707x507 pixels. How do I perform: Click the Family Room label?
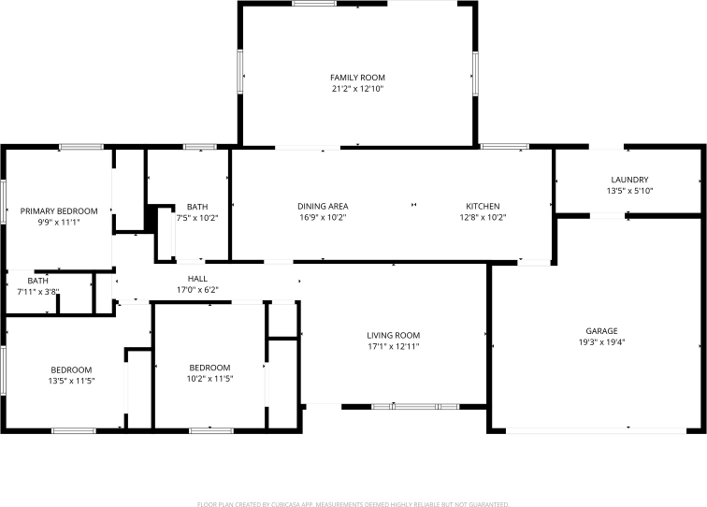coord(357,78)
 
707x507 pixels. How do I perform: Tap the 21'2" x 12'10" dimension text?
coord(357,89)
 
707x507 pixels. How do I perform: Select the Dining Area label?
coord(323,206)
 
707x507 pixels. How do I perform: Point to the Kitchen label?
coord(483,206)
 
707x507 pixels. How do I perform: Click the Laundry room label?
coord(629,180)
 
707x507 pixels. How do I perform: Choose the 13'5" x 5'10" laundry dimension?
coord(629,191)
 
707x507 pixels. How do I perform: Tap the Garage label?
coord(601,331)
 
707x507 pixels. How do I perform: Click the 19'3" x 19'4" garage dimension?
coord(601,342)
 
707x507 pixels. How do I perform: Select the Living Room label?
coord(393,335)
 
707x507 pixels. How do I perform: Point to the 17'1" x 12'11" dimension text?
coord(393,346)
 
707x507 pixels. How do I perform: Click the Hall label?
coord(197,279)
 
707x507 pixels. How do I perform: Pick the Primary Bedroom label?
coord(59,211)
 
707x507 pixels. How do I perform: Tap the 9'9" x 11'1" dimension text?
coord(59,223)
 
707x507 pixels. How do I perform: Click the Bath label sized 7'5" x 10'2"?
coord(197,207)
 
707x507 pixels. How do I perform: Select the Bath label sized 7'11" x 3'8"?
coord(38,281)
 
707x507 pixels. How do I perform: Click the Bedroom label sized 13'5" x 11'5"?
coord(71,369)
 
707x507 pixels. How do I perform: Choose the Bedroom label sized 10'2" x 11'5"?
coord(209,368)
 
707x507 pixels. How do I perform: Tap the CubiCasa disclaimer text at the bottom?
coord(353,503)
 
